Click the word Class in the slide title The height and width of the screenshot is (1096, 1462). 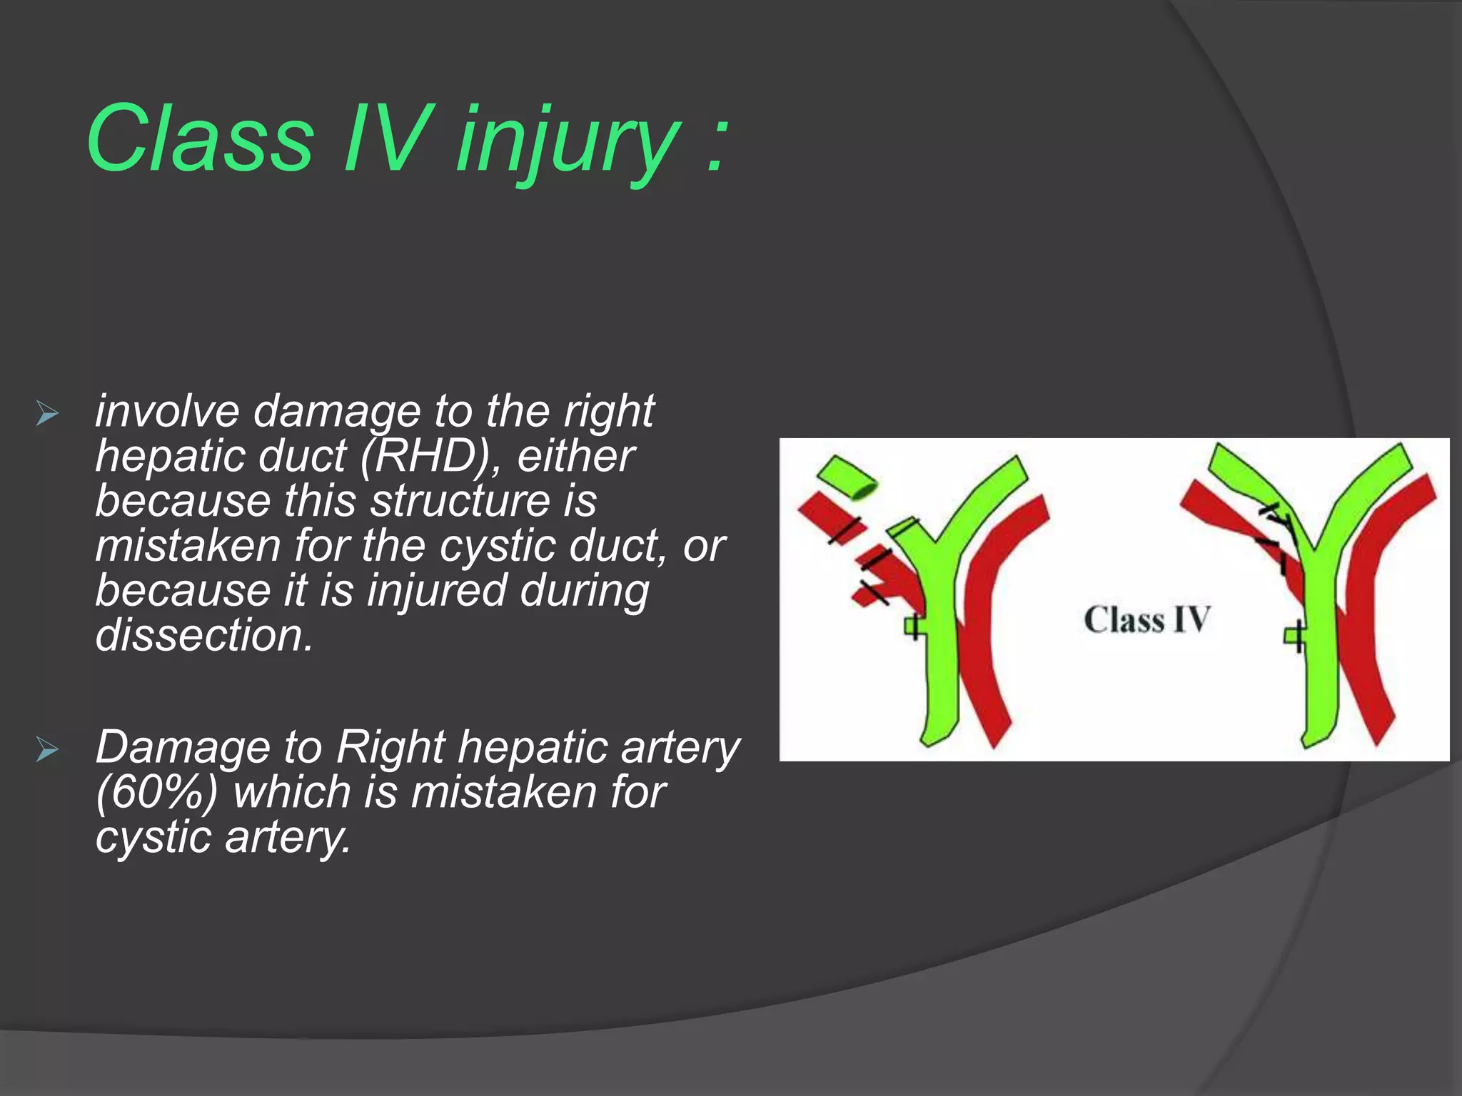pos(200,138)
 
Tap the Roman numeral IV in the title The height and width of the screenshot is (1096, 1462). pos(386,138)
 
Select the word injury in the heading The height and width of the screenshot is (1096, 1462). pos(567,143)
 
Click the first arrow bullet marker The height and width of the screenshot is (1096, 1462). pos(46,413)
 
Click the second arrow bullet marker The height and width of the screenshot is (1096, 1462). pos(46,750)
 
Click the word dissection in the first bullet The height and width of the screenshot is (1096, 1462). pos(203,635)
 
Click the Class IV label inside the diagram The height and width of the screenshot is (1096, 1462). pos(1146,620)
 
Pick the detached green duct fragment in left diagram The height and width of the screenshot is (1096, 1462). pos(847,477)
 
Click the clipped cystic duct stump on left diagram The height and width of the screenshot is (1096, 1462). pos(914,627)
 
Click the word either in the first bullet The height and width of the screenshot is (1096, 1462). pos(575,456)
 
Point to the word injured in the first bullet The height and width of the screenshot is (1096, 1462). pos(436,592)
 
